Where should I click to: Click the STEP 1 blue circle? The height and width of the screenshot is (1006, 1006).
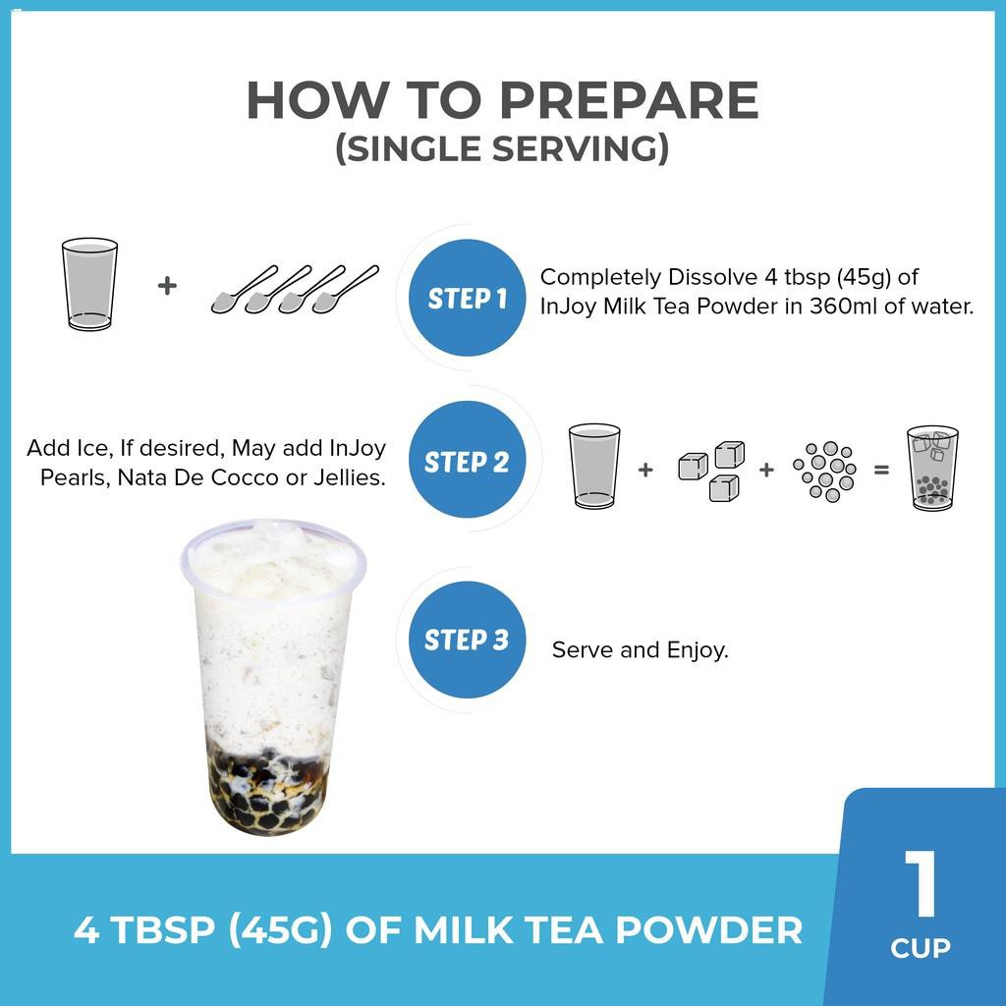467,298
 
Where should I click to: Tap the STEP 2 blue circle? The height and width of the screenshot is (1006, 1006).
467,460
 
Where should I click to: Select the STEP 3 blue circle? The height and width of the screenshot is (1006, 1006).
467,640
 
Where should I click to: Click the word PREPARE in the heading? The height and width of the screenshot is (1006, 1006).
629,100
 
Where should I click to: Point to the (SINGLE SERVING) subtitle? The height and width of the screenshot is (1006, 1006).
502,148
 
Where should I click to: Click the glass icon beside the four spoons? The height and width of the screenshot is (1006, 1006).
89,284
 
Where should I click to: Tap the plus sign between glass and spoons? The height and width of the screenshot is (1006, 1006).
167,285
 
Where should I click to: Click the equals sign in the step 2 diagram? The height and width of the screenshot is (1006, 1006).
881,471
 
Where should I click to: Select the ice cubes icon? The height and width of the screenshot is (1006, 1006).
711,471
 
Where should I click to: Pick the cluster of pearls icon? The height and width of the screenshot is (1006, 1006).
825,471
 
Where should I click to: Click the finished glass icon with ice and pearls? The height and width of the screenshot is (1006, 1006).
932,469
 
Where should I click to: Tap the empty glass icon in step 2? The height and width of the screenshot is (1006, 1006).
594,467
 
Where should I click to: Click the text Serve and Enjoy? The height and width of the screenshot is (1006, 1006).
640,650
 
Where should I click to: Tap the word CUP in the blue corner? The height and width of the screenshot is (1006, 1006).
921,948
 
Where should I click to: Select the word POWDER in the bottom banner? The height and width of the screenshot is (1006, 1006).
709,930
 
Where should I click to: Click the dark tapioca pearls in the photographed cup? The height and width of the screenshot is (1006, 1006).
268,791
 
